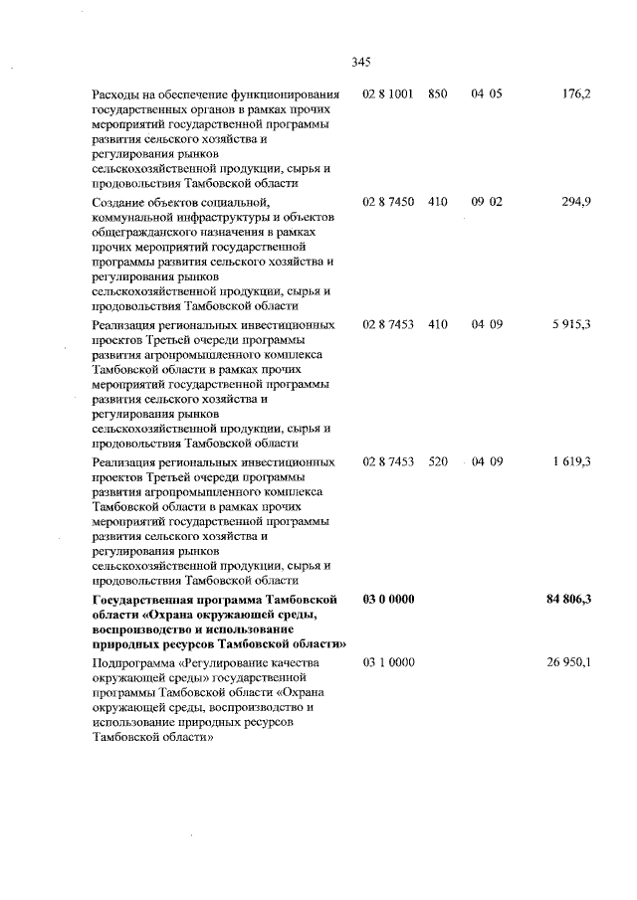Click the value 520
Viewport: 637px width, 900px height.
(438, 461)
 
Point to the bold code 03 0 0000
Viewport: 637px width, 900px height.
(389, 600)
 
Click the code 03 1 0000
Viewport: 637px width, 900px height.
(389, 662)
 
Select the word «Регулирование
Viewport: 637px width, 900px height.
(226, 662)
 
